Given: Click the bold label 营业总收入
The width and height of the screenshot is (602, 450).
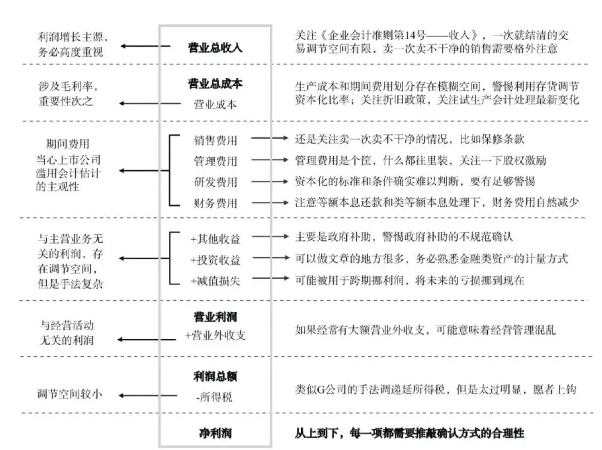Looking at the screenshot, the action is (215, 47).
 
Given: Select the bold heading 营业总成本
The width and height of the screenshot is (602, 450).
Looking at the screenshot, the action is (215, 83).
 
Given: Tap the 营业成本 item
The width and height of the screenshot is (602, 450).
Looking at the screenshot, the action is (215, 104).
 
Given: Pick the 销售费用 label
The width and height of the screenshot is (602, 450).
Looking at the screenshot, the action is (215, 140).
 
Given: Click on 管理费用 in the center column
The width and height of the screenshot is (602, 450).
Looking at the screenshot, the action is (215, 161).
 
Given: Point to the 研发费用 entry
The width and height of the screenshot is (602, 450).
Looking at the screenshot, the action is (215, 182).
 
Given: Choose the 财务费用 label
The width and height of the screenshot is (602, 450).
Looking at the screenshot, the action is (215, 202).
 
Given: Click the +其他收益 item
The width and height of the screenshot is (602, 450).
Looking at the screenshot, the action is (215, 239).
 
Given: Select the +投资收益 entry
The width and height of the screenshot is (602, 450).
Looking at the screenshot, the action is (215, 260).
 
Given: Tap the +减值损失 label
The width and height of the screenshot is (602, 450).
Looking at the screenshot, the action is (215, 280).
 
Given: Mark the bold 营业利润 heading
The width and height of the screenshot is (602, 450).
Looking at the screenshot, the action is (215, 317).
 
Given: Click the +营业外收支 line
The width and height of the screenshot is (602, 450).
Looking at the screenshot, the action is (215, 335).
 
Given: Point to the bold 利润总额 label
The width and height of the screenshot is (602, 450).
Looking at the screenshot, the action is (215, 376).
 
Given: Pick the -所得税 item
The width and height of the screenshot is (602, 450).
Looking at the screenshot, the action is (214, 396).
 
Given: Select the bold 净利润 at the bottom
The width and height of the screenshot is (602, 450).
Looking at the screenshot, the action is (215, 433).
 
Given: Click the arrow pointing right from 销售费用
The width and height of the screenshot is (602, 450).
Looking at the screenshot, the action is (270, 138).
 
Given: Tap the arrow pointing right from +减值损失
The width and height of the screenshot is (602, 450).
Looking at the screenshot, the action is (270, 278).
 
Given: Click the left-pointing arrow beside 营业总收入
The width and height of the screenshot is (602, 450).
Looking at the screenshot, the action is (145, 46).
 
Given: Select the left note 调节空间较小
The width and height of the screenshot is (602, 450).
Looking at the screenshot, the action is (70, 394).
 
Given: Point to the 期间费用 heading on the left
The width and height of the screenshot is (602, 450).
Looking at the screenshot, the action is (67, 144).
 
